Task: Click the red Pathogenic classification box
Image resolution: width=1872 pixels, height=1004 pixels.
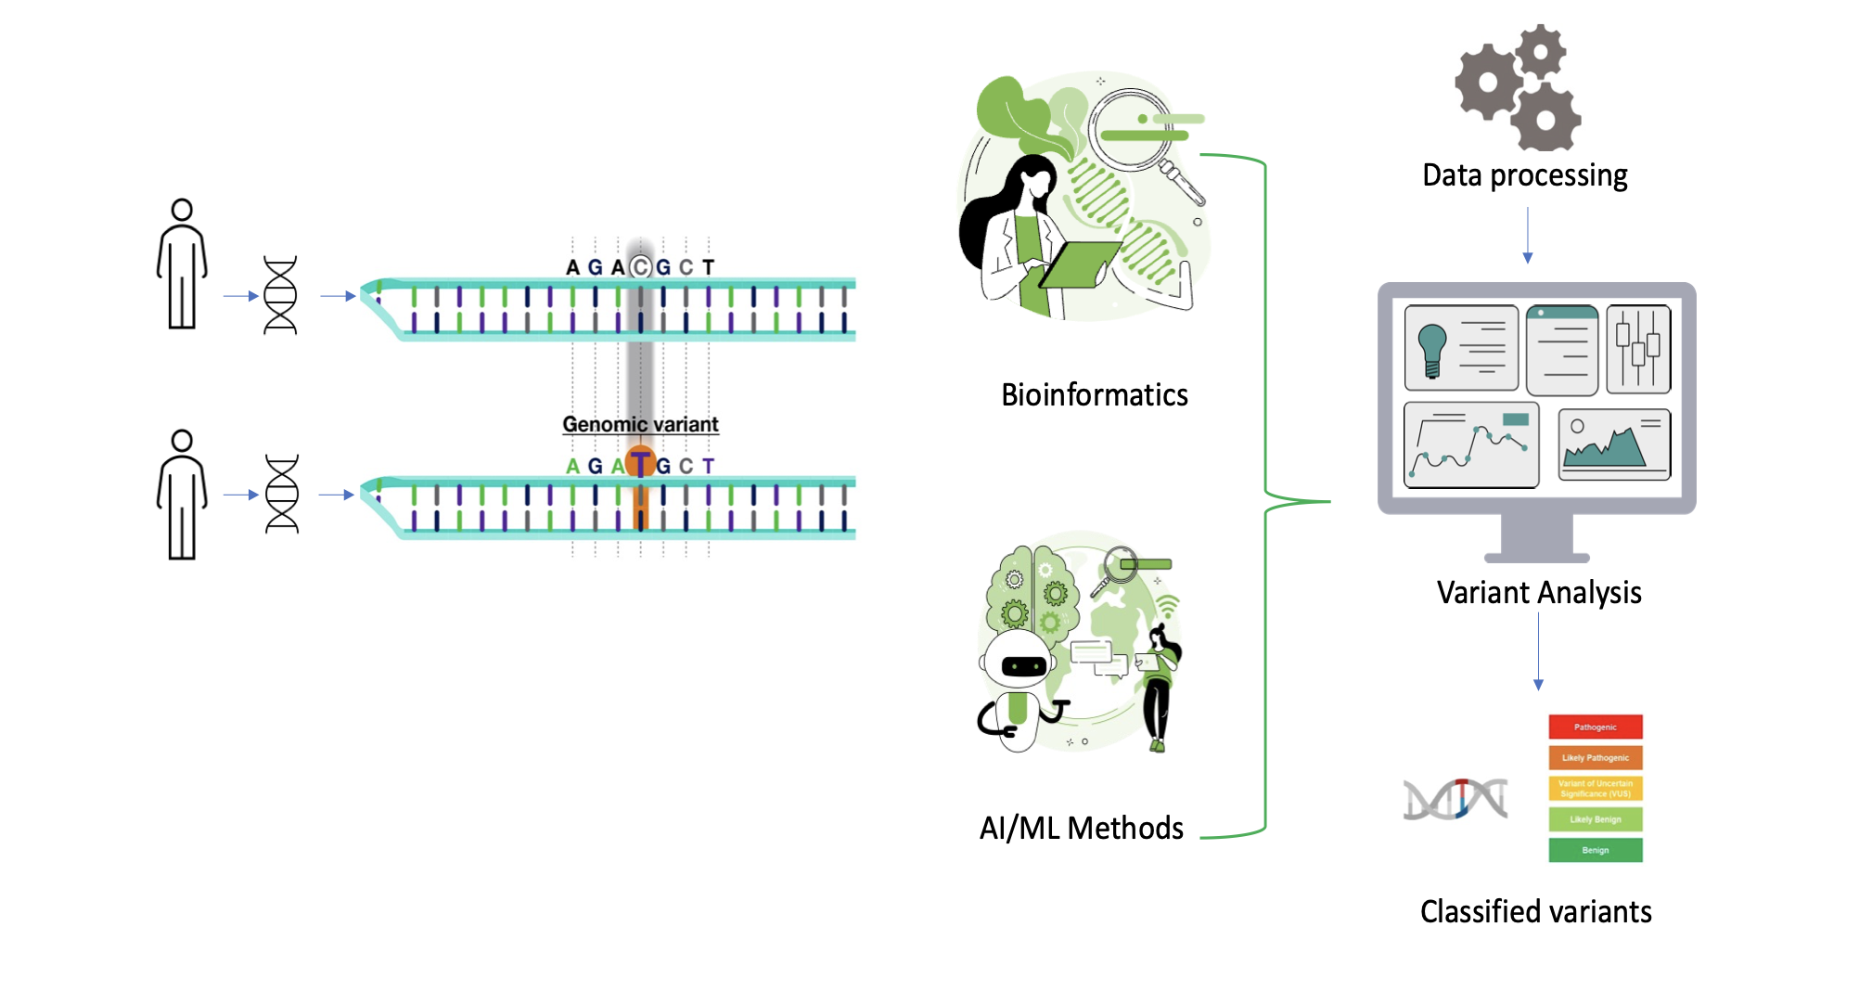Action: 1595,727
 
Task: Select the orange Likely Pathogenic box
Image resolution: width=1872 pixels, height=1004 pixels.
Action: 1595,757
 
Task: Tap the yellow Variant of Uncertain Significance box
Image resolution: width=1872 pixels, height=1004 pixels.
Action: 1595,788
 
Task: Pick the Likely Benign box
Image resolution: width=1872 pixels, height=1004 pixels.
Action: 1595,818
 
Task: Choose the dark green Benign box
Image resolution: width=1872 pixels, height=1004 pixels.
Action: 1595,850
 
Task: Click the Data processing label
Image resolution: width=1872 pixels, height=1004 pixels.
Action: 1524,175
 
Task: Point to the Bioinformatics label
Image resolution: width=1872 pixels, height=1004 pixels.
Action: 1094,395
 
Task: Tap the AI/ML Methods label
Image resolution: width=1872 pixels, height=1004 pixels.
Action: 1081,828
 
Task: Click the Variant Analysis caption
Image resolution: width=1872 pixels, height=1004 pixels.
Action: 1538,592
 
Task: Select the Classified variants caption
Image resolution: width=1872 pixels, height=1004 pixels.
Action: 1535,911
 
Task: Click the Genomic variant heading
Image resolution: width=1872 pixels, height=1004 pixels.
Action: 640,424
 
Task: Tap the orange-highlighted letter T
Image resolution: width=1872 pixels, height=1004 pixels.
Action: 640,463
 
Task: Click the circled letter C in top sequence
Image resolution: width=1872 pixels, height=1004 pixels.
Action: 640,267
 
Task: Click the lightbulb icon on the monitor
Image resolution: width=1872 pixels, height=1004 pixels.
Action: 1432,349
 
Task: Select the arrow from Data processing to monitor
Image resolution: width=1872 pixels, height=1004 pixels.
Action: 1527,236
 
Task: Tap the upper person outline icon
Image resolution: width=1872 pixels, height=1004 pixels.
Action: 182,264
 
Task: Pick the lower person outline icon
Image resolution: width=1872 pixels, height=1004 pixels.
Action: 182,495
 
